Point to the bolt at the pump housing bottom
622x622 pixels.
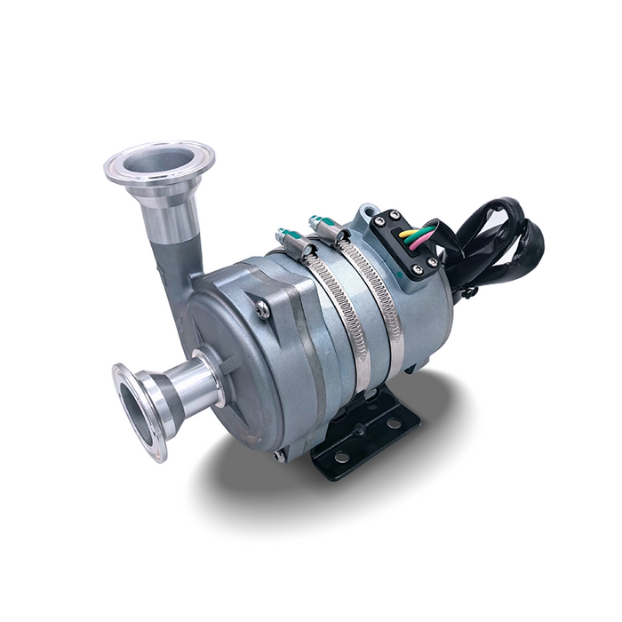tap(280, 456)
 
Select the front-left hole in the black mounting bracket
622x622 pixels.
tap(341, 458)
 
